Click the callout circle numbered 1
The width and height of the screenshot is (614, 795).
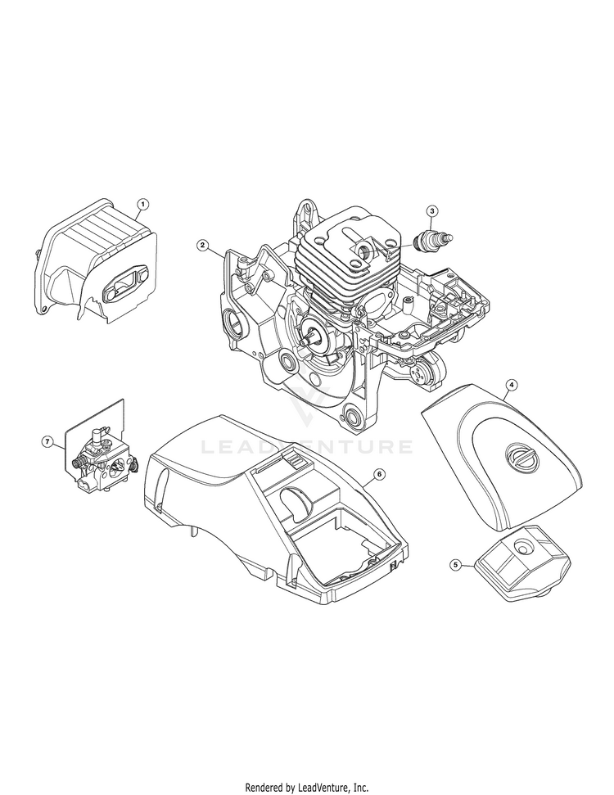tap(143, 205)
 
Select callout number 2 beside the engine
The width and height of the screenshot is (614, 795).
tap(202, 246)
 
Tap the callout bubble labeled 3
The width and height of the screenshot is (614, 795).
tap(431, 210)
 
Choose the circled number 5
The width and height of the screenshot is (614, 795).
tap(455, 564)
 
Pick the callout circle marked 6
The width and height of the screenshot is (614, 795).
tap(379, 473)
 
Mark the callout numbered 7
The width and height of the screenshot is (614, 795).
tap(47, 442)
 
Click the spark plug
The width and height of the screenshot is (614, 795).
tap(433, 238)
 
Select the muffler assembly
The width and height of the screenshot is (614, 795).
tap(95, 259)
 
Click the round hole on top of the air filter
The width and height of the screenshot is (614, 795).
tap(521, 547)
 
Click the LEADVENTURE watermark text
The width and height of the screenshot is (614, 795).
tap(307, 447)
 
